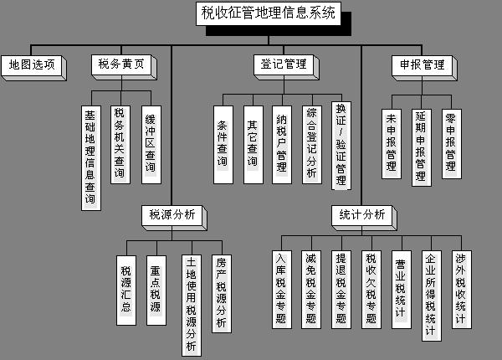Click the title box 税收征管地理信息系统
click(x=269, y=13)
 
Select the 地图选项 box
click(x=32, y=65)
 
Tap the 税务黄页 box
click(x=121, y=65)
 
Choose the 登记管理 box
click(x=284, y=65)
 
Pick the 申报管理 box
click(x=422, y=65)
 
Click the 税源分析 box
click(x=172, y=215)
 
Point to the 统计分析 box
click(x=361, y=215)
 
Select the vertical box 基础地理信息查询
click(x=91, y=158)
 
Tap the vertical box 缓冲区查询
click(x=151, y=145)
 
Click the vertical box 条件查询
click(x=223, y=145)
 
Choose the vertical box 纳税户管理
click(x=282, y=145)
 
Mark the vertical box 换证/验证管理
click(x=341, y=146)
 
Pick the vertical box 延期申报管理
click(x=422, y=147)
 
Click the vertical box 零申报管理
click(x=452, y=144)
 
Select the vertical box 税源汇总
click(x=126, y=291)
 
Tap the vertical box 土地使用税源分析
click(x=192, y=306)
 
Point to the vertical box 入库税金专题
click(x=282, y=290)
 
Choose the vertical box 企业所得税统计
click(x=432, y=296)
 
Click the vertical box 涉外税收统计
click(x=462, y=290)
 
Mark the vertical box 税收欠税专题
click(x=371, y=290)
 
